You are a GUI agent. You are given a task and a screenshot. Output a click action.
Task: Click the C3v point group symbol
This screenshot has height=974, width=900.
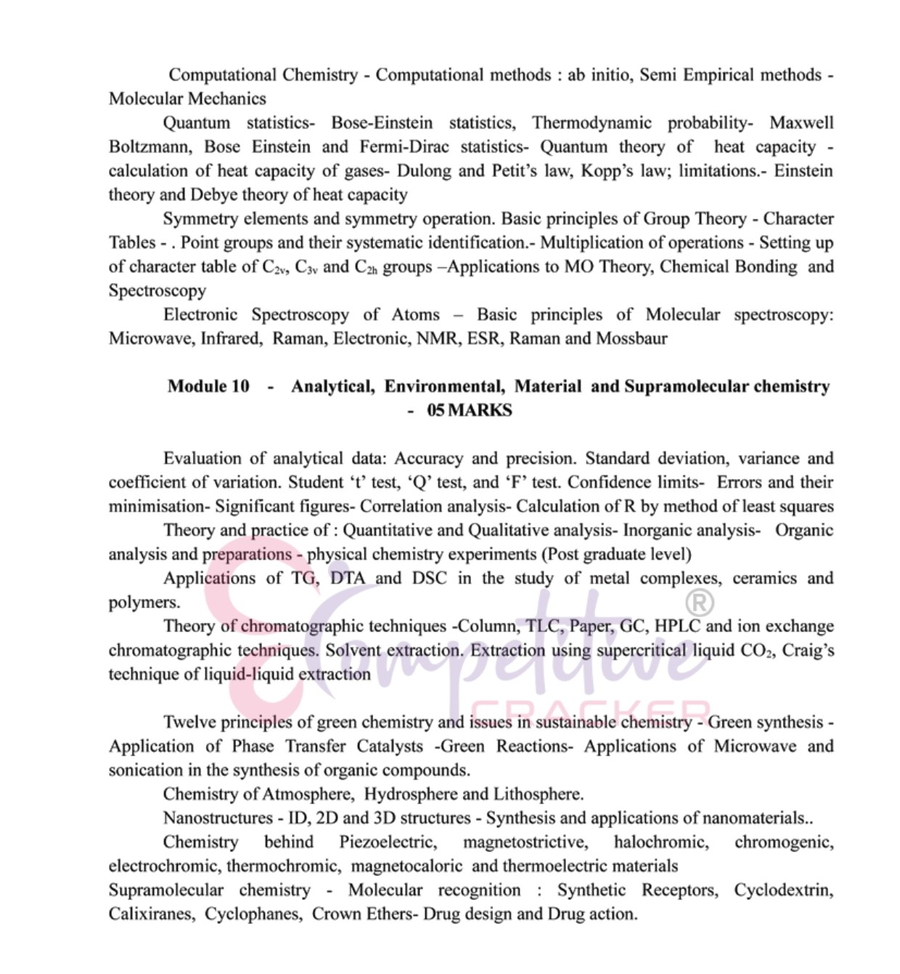pos(306,267)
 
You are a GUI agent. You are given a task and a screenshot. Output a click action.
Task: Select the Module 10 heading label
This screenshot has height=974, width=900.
pos(208,386)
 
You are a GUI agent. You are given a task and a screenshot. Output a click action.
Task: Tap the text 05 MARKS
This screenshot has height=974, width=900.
pos(469,410)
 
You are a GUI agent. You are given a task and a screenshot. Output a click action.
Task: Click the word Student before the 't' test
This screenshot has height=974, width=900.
pos(316,482)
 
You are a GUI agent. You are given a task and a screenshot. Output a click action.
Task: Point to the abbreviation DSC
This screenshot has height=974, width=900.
pos(430,578)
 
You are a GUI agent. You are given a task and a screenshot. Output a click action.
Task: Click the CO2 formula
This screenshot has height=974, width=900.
pos(756,650)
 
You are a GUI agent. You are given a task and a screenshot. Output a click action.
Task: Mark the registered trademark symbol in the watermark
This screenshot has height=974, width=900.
pos(700,602)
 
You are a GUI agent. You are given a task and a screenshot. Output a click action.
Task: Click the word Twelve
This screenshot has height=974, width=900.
pos(189,721)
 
